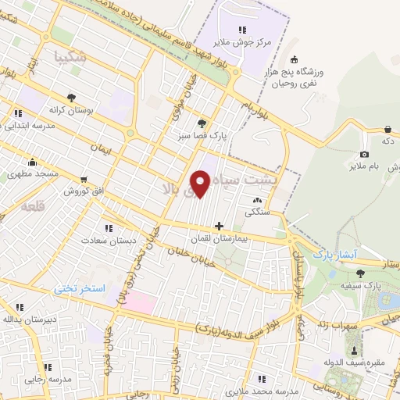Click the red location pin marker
(x=201, y=184)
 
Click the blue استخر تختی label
(x=79, y=288)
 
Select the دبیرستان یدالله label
(x=29, y=318)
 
